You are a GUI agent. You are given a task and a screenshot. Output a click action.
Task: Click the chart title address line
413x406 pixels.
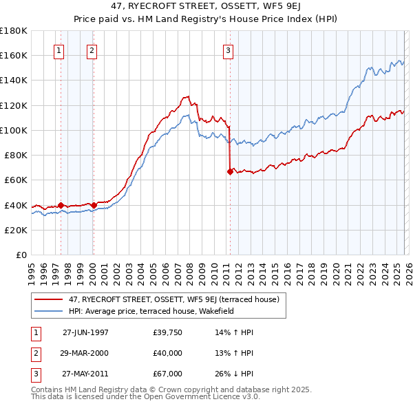(x=206, y=6)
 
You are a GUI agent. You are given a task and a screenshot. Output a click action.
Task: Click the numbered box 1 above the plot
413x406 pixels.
(x=59, y=50)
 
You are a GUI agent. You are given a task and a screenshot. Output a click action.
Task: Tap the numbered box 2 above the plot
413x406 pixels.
(x=92, y=50)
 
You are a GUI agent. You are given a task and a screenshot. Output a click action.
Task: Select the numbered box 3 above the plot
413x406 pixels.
(x=228, y=50)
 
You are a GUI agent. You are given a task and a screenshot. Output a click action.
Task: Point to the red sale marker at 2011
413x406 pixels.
(x=229, y=172)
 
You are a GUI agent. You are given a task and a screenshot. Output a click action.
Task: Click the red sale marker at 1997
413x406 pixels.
(x=61, y=205)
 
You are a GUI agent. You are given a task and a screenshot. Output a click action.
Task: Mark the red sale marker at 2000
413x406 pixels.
(x=94, y=205)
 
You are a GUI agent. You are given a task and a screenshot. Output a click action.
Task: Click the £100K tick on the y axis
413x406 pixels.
(x=14, y=130)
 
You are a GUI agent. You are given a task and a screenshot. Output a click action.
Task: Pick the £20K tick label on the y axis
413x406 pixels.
(x=16, y=230)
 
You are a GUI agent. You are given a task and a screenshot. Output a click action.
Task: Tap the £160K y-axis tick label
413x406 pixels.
(x=14, y=55)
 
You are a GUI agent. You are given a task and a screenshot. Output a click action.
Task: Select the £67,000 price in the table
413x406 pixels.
(x=167, y=374)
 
